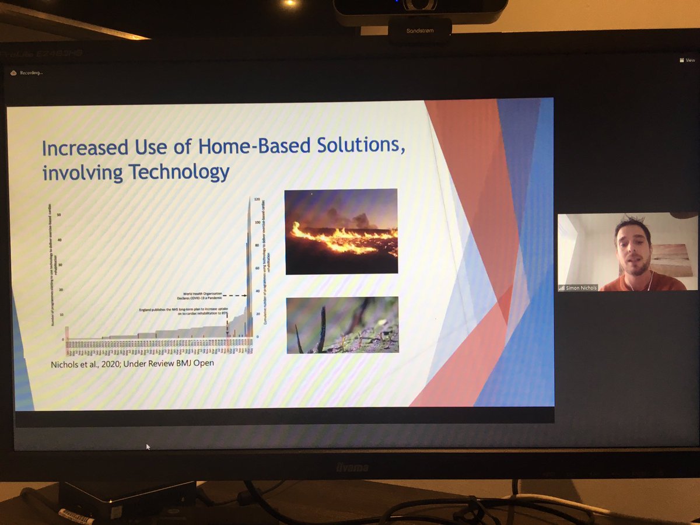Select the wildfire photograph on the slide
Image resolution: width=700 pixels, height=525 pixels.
tap(341, 231)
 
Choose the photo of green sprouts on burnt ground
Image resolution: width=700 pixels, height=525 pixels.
tap(342, 325)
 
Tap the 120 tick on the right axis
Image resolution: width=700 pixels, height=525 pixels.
tap(256, 199)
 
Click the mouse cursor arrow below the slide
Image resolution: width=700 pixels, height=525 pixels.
tap(148, 446)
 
